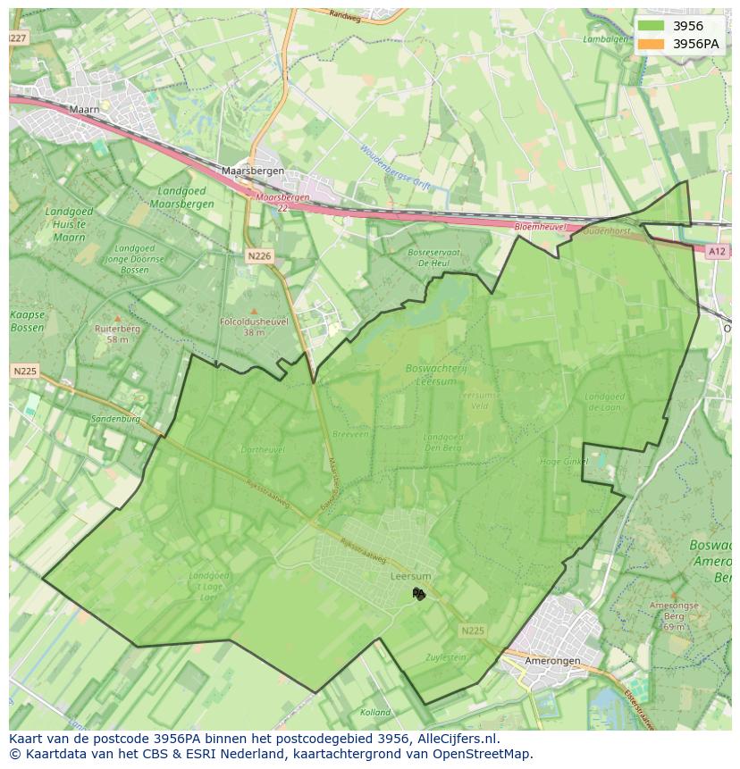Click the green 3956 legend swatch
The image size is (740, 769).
pyautogui.click(x=652, y=26)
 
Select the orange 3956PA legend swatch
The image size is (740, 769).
pyautogui.click(x=652, y=44)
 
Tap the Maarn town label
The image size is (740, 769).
pyautogui.click(x=84, y=110)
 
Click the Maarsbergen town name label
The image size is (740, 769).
pyautogui.click(x=252, y=171)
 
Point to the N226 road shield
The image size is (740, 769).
pyautogui.click(x=259, y=256)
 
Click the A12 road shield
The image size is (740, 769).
pyautogui.click(x=717, y=252)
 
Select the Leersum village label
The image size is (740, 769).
pyautogui.click(x=411, y=577)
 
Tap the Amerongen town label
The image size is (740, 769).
pyautogui.click(x=552, y=661)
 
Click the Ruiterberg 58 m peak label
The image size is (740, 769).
pyautogui.click(x=117, y=333)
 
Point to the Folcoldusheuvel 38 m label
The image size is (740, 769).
pyautogui.click(x=255, y=326)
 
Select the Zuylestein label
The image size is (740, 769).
pyautogui.click(x=447, y=657)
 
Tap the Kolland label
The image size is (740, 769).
pyautogui.click(x=375, y=712)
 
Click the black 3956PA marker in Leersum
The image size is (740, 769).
pyautogui.click(x=418, y=594)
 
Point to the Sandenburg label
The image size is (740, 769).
pyautogui.click(x=115, y=418)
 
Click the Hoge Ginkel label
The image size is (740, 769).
pyautogui.click(x=564, y=462)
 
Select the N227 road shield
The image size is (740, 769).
pyautogui.click(x=17, y=38)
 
